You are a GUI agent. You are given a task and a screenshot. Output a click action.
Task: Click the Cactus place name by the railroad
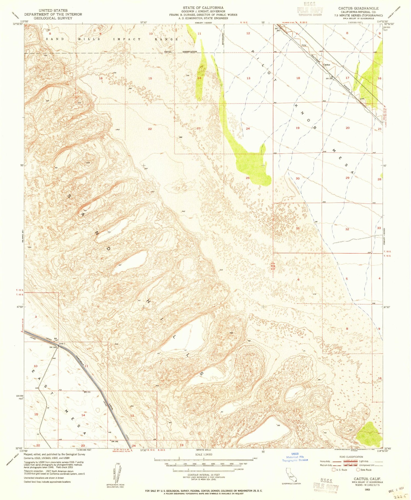(x=326, y=65)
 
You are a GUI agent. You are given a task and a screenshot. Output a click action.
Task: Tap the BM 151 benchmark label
(x=87, y=392)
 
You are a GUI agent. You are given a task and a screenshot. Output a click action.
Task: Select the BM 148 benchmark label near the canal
(x=115, y=441)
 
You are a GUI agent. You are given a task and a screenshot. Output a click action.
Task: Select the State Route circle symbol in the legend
(x=358, y=470)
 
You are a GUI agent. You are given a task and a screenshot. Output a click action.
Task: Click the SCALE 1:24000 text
(x=204, y=454)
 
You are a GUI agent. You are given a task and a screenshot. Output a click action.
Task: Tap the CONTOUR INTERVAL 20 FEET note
(x=204, y=475)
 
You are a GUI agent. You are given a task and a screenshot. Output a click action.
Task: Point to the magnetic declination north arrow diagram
(x=118, y=471)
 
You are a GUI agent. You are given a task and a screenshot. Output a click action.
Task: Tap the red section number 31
(x=298, y=228)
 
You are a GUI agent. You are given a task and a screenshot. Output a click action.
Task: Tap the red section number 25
(x=248, y=178)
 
